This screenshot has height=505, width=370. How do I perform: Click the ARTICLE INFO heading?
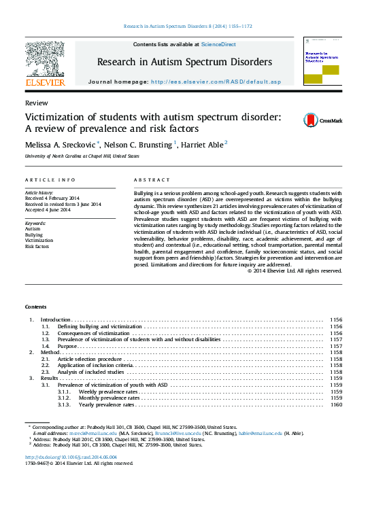point(50,180)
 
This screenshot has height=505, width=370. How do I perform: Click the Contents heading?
point(36,307)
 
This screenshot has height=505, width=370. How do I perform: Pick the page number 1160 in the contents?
point(335,404)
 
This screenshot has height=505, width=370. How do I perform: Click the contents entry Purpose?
point(67,346)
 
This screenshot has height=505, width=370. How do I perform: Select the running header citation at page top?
point(188,27)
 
